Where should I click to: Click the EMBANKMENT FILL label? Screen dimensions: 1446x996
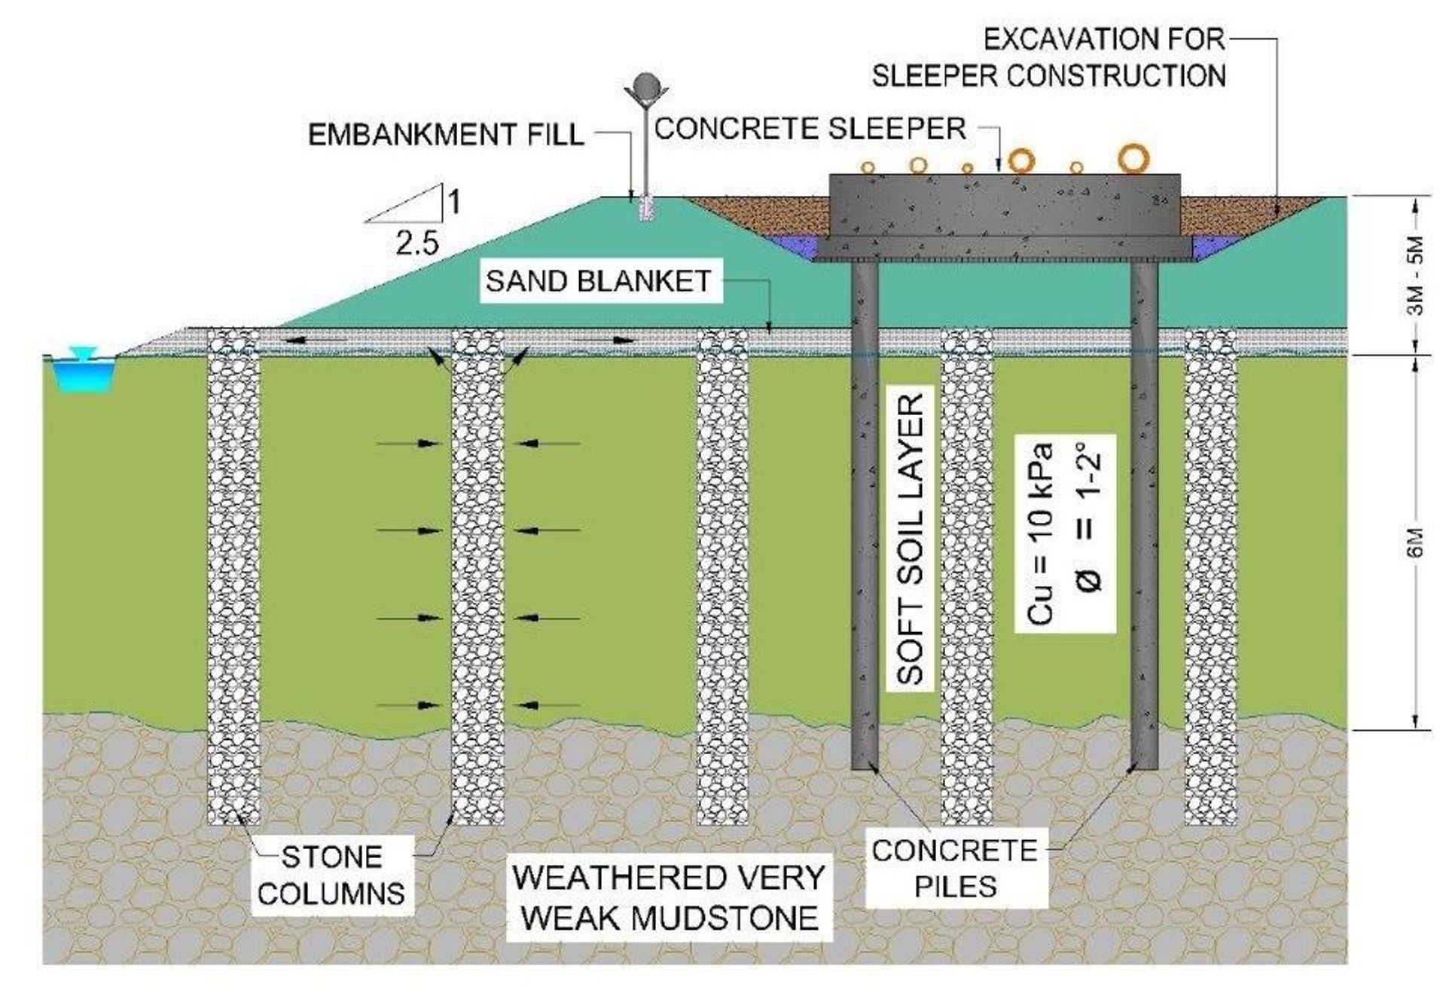coord(446,135)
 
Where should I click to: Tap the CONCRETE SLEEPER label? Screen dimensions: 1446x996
coord(810,129)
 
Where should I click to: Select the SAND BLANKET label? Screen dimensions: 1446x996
coord(599,281)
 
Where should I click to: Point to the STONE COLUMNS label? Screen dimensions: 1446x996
coord(331,875)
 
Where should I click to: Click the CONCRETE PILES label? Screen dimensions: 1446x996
coord(955,869)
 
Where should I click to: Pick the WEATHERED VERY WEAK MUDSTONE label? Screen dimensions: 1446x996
coord(670,898)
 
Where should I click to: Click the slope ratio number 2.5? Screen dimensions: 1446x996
coord(416,244)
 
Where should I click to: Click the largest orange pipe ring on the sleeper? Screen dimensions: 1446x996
coord(1133,158)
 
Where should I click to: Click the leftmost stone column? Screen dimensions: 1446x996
coord(233,576)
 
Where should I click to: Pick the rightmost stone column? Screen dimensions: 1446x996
coord(1211,576)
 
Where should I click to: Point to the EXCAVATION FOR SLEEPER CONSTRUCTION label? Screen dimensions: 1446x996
coord(1049,58)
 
